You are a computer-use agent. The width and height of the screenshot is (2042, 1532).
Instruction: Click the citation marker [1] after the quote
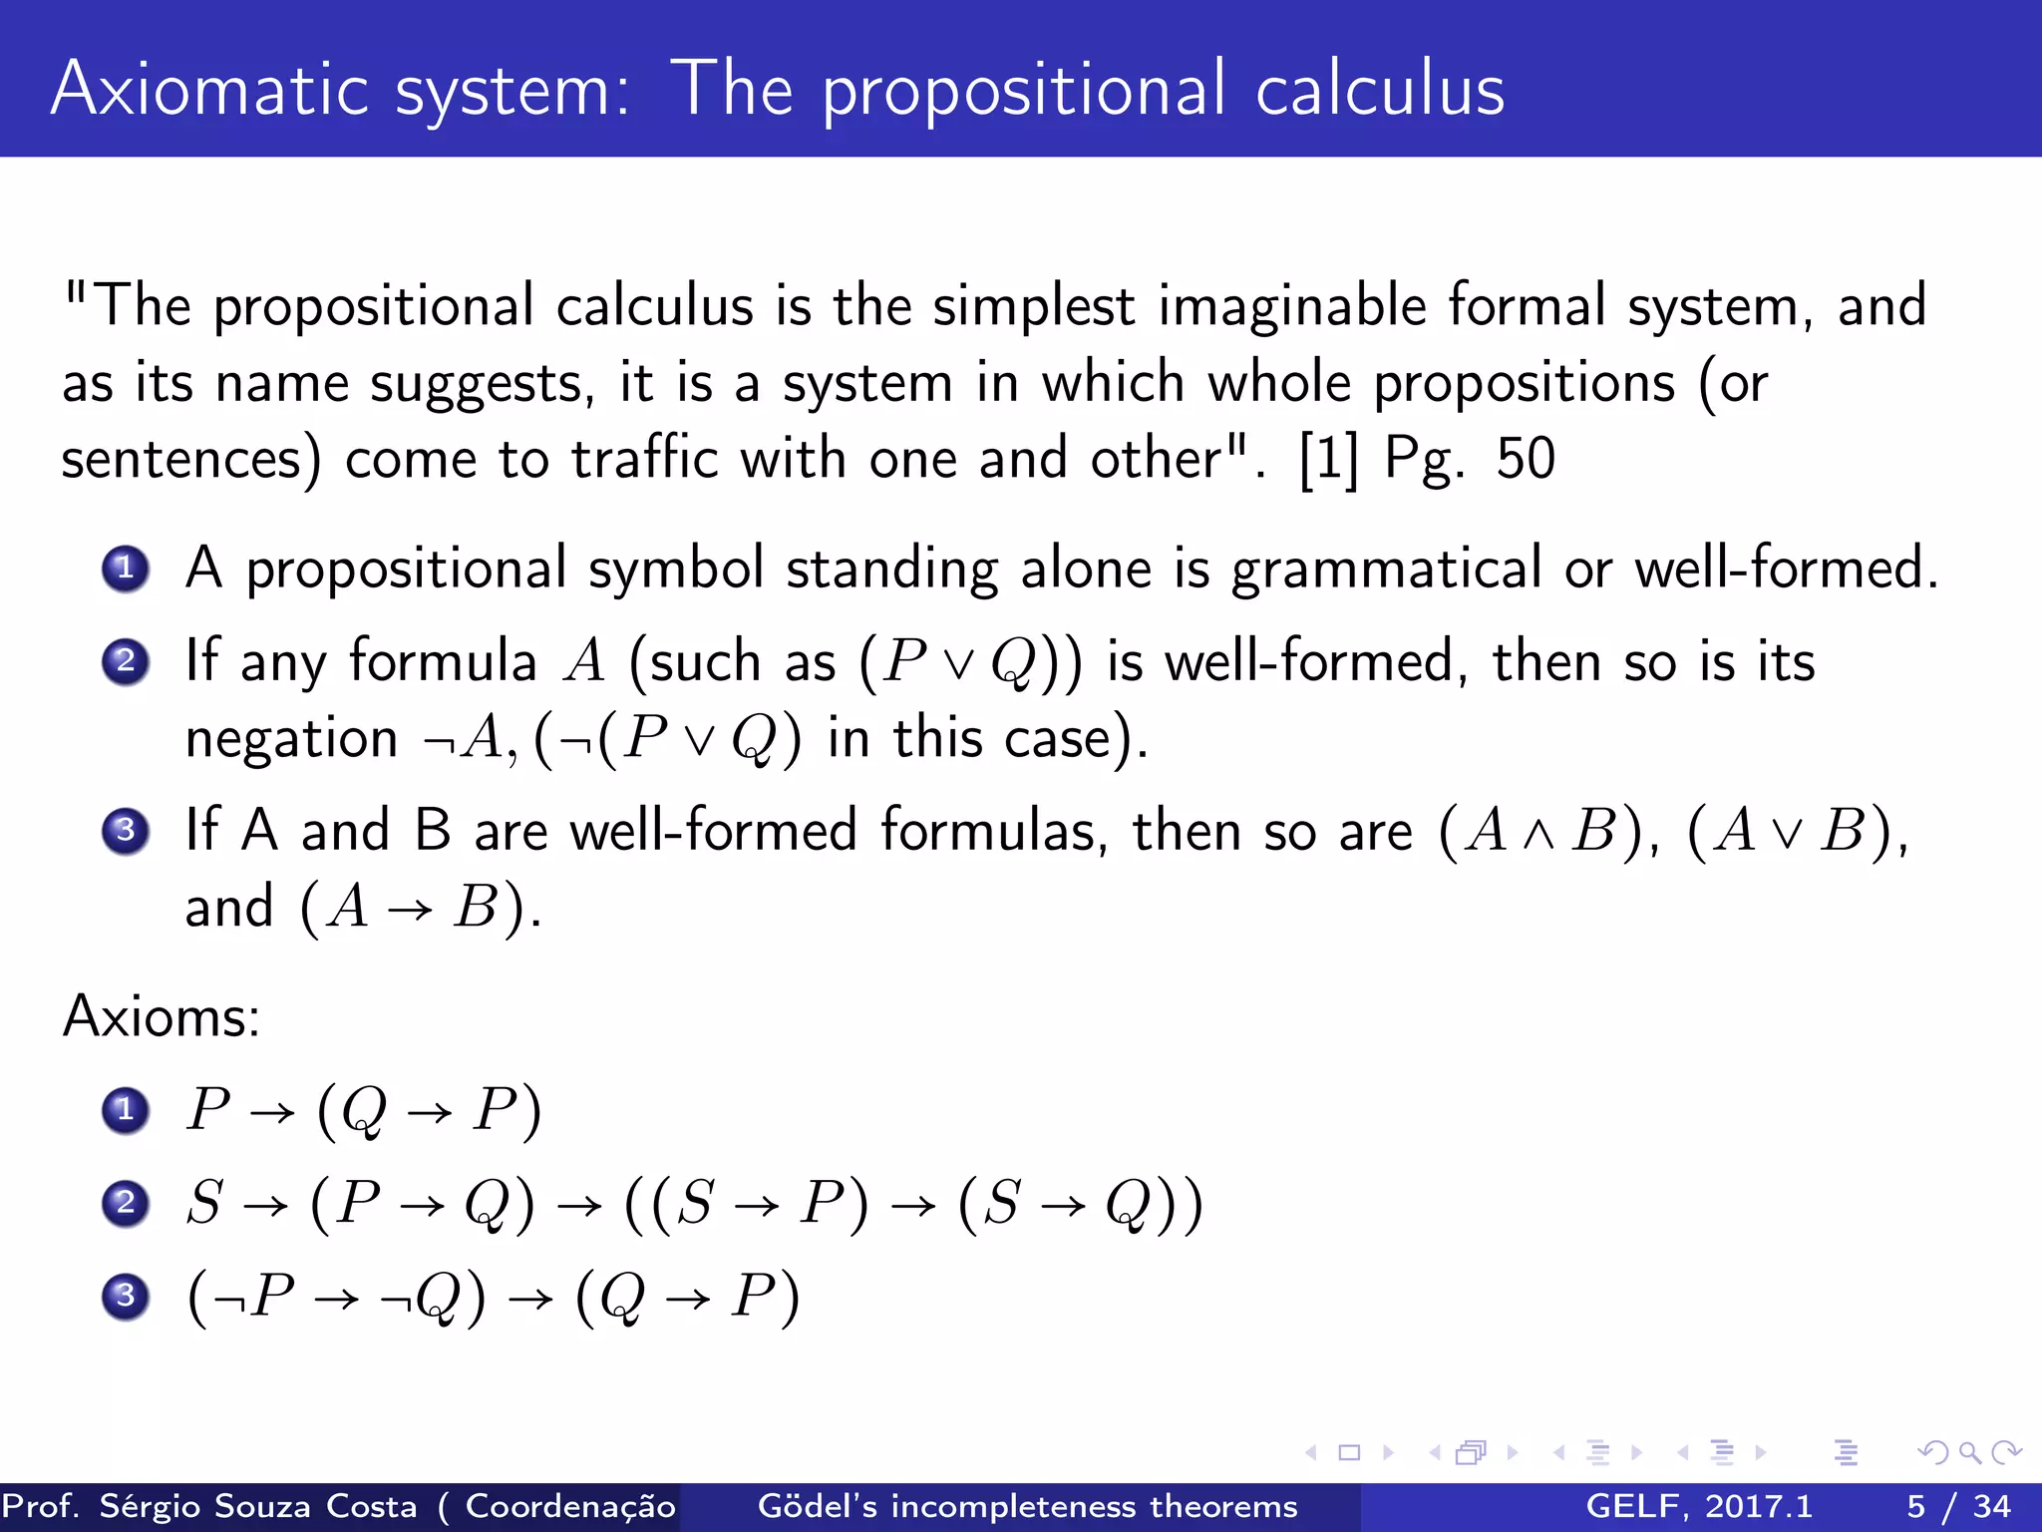[x=1328, y=460]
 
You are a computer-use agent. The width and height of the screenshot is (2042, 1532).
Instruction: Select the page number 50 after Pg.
[x=1525, y=460]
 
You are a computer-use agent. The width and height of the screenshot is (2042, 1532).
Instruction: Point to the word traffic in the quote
[x=644, y=460]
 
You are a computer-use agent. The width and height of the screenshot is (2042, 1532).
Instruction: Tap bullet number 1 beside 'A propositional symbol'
[x=126, y=570]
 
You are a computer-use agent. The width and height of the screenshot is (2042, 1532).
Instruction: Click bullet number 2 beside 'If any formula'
[x=126, y=661]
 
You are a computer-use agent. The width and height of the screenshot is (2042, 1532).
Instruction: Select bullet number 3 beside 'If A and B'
[x=126, y=830]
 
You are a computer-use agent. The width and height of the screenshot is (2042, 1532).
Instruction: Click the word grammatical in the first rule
[x=1386, y=571]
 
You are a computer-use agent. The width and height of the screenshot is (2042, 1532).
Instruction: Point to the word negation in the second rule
[x=291, y=739]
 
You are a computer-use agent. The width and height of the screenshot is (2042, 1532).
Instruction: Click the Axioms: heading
[x=162, y=1017]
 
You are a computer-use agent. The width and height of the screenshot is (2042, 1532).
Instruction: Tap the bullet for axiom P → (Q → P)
[x=126, y=1110]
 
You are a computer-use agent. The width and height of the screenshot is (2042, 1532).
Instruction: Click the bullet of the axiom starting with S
[x=126, y=1203]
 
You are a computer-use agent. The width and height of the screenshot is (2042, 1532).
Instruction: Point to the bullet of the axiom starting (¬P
[x=126, y=1296]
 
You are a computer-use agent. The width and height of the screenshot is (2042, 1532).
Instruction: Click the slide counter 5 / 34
[x=1958, y=1506]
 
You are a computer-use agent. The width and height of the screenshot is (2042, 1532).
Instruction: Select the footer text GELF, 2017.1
[x=1699, y=1506]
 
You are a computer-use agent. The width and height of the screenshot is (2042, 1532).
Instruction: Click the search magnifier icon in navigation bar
[x=1969, y=1452]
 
